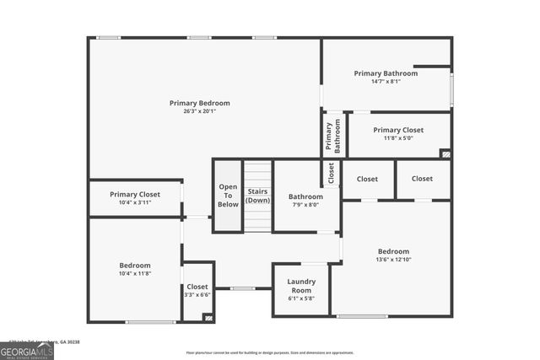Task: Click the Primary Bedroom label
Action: (199, 103)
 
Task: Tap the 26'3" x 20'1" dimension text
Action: (199, 111)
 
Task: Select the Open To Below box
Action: (228, 196)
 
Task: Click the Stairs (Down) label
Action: (258, 196)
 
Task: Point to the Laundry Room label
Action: (300, 286)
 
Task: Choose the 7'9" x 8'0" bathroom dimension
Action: (305, 204)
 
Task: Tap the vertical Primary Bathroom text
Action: (334, 136)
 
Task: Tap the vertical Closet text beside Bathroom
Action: (331, 173)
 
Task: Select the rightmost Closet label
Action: (422, 179)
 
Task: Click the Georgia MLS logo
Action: (27, 348)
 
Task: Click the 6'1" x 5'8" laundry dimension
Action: (300, 298)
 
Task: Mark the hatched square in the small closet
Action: (208, 317)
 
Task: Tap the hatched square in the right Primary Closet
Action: (445, 154)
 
